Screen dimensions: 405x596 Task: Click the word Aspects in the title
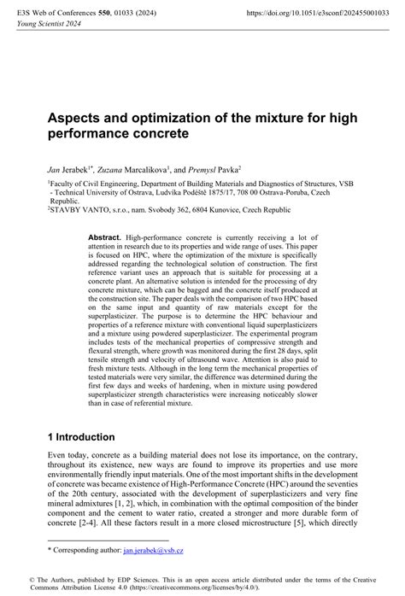pyautogui.click(x=75, y=117)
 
